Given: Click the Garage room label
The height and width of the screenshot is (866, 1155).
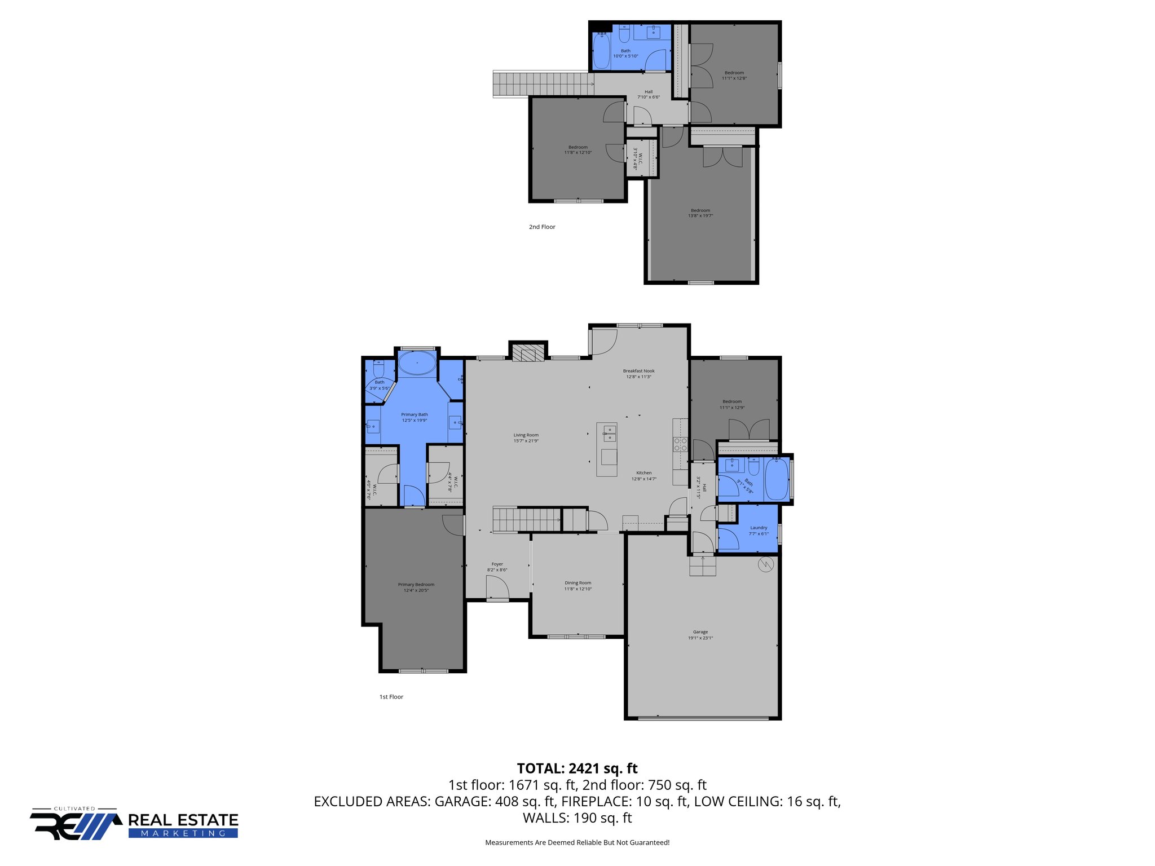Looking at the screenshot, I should (x=700, y=635).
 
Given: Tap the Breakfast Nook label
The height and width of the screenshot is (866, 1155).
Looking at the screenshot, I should (x=638, y=374).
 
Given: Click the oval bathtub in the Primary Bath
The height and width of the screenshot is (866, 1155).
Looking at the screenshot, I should (x=417, y=364).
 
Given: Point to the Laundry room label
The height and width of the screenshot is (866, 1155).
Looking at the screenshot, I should (x=759, y=531).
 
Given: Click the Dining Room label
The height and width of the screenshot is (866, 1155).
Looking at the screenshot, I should (x=578, y=586).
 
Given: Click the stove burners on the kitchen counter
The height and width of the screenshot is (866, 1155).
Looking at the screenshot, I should (x=681, y=444).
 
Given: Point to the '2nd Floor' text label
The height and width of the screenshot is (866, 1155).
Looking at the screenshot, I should (x=542, y=227).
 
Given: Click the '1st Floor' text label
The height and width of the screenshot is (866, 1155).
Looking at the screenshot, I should (x=391, y=697).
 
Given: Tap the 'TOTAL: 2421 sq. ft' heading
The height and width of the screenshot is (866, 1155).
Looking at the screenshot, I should (x=577, y=768).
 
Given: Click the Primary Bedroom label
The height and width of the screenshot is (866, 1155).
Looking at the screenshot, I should (x=416, y=587).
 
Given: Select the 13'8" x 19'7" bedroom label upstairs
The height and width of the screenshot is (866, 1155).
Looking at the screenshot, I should (x=700, y=213).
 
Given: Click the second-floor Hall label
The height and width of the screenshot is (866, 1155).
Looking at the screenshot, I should (x=649, y=94).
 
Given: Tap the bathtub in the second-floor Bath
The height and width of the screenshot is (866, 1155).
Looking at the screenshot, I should (x=602, y=52).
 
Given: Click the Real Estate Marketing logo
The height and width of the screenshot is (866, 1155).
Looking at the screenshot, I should (x=134, y=825).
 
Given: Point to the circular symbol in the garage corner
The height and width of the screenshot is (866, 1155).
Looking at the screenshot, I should (x=766, y=564).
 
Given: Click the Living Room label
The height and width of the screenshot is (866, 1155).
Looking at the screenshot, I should (x=526, y=438).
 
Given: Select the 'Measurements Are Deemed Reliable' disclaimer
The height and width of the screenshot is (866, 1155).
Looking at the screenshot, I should (x=577, y=842).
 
